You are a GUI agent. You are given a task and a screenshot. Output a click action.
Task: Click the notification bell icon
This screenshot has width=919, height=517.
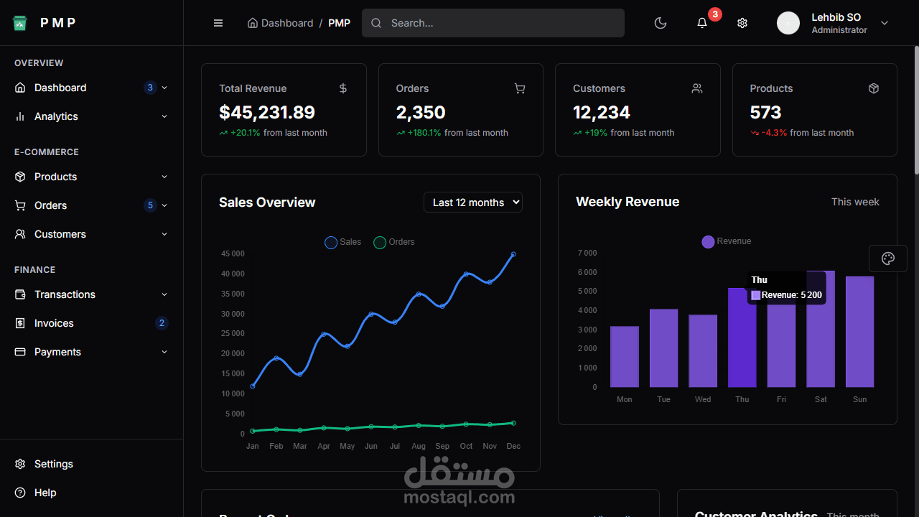(702, 23)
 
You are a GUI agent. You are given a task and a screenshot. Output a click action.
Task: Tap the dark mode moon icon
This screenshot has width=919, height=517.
(661, 23)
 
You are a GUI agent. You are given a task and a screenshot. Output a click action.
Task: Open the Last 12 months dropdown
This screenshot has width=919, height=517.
(473, 202)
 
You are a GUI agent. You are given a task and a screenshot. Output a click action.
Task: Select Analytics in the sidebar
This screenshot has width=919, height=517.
(56, 116)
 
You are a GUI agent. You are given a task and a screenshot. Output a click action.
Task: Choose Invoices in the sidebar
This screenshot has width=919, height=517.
(54, 323)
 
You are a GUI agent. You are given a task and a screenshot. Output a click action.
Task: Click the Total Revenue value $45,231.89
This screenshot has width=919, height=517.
(267, 112)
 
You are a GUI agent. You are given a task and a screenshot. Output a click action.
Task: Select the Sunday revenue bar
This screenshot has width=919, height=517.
(859, 332)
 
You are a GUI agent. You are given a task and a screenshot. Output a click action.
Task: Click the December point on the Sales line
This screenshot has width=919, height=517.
(513, 254)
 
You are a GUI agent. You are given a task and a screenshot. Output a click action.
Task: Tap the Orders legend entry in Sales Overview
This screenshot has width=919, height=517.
(394, 242)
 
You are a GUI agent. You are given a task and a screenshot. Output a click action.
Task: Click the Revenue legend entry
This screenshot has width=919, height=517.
(727, 241)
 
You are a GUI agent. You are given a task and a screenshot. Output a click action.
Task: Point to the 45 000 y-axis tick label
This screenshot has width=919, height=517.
(233, 253)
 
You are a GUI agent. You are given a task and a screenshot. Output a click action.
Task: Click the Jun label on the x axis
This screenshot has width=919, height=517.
(370, 446)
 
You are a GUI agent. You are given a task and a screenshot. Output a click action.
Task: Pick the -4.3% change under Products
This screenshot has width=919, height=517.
(774, 133)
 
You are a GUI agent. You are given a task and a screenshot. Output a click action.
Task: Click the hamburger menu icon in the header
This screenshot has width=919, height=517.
(218, 23)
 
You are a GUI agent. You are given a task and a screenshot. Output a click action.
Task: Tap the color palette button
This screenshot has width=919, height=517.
(888, 258)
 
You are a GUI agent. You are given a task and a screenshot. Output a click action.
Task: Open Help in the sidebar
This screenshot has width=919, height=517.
(45, 493)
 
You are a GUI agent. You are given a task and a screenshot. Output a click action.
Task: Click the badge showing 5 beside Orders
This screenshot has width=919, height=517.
(150, 205)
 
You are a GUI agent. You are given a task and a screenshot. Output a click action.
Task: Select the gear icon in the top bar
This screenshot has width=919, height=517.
(742, 23)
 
